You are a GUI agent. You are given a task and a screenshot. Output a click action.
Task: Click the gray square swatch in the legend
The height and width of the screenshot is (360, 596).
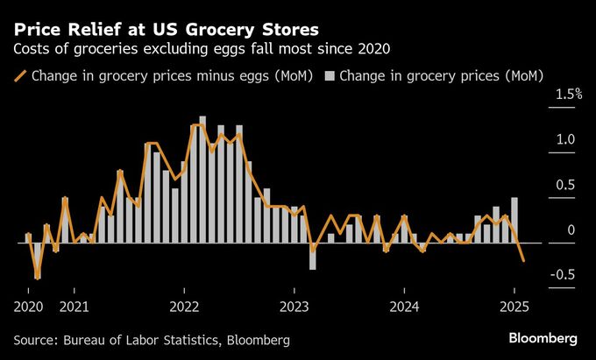[x=330, y=76]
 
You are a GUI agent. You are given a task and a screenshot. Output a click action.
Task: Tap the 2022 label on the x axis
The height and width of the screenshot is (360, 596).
[x=184, y=307]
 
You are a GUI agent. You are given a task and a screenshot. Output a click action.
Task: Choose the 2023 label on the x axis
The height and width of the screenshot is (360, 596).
[x=294, y=307]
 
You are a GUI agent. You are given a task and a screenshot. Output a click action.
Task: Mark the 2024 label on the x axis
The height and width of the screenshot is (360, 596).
[x=404, y=307]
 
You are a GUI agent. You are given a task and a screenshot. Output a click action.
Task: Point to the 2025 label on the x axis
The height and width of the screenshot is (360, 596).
[x=514, y=307]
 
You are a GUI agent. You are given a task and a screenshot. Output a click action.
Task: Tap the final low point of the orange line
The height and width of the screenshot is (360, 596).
[x=524, y=260]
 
